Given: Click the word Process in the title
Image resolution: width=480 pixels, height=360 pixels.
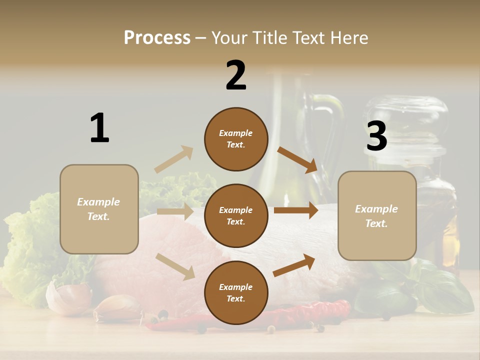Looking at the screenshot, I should (157, 37).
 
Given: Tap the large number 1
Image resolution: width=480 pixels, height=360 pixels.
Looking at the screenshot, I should (99, 128).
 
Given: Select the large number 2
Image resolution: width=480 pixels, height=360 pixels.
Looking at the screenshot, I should (236, 75).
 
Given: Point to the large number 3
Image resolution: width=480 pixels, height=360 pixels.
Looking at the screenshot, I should (376, 136).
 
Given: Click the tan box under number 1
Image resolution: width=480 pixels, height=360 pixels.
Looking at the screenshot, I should (99, 209).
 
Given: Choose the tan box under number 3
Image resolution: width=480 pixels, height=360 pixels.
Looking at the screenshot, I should (377, 216).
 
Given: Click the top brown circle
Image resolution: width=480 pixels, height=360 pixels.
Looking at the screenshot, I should (236, 139).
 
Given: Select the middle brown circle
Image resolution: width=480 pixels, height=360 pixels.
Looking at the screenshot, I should (236, 215).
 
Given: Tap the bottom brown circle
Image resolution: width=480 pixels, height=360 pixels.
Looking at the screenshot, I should (236, 292).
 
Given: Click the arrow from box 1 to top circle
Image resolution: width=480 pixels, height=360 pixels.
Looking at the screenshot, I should (174, 159).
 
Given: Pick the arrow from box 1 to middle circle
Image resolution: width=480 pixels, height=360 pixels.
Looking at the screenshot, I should (175, 211).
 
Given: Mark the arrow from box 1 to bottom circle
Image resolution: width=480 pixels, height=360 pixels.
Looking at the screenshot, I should (175, 266).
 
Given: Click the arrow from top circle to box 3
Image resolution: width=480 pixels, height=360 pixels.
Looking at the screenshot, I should (297, 159).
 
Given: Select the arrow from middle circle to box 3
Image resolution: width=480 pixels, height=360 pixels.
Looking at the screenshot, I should (296, 210).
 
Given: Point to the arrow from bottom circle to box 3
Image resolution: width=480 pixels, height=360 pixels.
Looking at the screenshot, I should (294, 265).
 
